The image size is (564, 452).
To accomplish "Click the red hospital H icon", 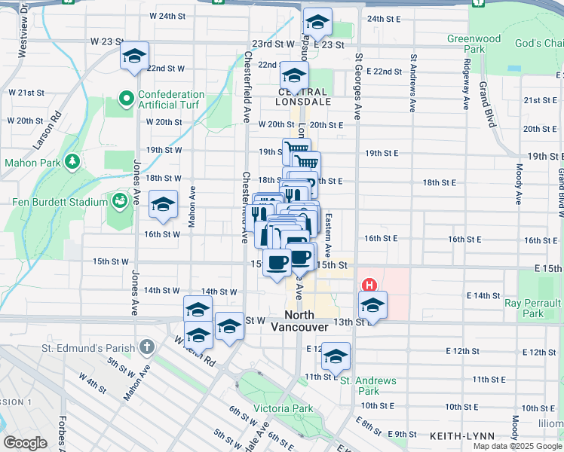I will pyautogui.click(x=369, y=285).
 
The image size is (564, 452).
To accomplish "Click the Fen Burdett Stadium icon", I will pyautogui.click(x=120, y=201).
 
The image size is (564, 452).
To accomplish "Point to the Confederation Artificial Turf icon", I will pyautogui.click(x=126, y=99).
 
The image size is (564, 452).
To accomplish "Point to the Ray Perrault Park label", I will pyautogui.click(x=534, y=307).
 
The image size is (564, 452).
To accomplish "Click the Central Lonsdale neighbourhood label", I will pyautogui.click(x=303, y=95).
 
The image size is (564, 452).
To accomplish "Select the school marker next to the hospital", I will pyautogui.click(x=372, y=305).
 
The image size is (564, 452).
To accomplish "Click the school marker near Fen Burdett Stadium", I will pyautogui.click(x=163, y=205).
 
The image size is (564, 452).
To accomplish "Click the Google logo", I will pyautogui.click(x=26, y=443).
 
